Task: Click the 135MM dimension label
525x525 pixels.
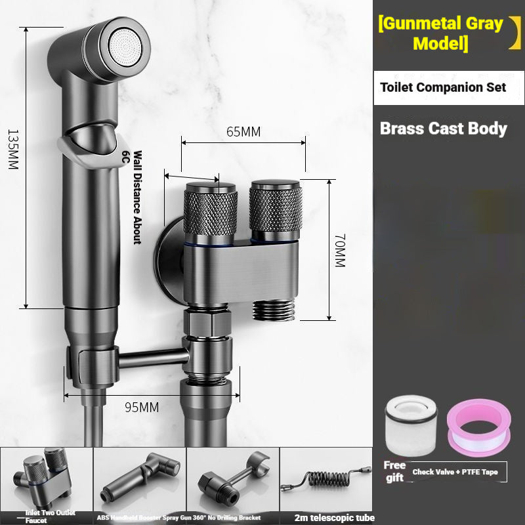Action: point(13,150)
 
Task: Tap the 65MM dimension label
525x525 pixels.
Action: point(243,132)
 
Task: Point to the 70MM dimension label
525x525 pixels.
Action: point(340,251)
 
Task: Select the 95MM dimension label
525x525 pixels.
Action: point(142,407)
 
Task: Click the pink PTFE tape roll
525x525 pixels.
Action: point(479,428)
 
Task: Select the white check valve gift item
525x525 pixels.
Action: point(411,425)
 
